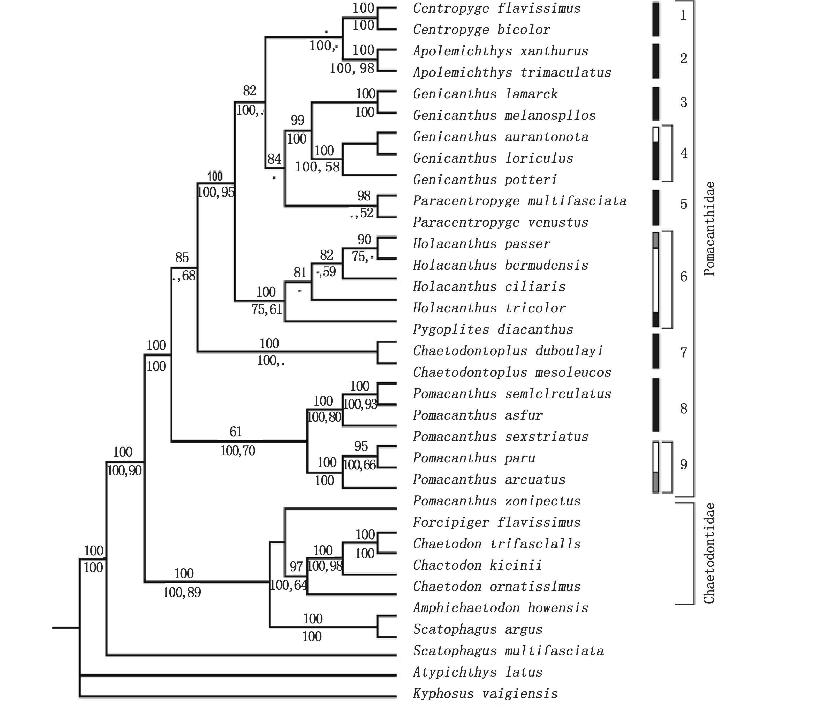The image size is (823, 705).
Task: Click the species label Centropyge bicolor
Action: coord(482,30)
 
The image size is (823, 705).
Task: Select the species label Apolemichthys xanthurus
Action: coord(501,51)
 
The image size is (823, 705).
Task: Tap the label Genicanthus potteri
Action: coord(485,180)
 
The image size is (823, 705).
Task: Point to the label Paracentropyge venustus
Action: coord(501,222)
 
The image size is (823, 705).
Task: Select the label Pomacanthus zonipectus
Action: coord(496,501)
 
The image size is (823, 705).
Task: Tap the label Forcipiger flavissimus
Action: coord(496,522)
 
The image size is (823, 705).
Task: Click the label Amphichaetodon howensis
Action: coord(501,608)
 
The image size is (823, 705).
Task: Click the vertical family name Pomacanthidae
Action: coord(709,228)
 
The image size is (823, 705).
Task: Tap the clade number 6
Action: coord(683,277)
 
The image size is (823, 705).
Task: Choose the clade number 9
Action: coord(683,464)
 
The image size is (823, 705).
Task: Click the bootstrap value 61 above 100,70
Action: coord(236,432)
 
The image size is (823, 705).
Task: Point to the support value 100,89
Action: coord(182,593)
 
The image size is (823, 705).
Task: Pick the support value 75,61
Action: coord(266,309)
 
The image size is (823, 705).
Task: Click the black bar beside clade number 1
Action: coord(656,19)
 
